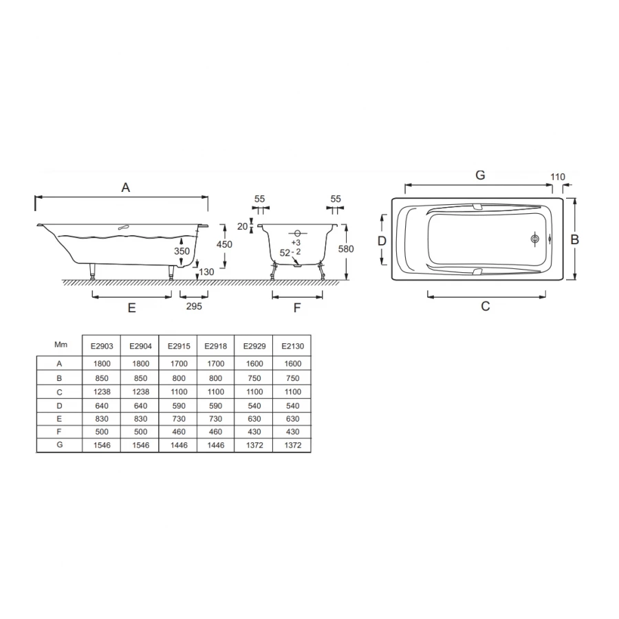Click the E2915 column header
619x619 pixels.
tap(179, 346)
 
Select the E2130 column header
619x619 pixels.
tap(292, 346)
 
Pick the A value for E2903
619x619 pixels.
tap(102, 364)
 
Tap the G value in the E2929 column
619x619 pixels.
tap(254, 445)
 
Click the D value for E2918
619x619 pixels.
tap(215, 406)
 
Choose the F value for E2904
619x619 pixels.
tap(140, 431)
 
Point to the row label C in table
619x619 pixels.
tap(59, 392)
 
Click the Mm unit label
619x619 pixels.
tap(61, 345)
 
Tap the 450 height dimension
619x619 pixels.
tap(224, 244)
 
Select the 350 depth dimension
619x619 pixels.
tap(182, 251)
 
